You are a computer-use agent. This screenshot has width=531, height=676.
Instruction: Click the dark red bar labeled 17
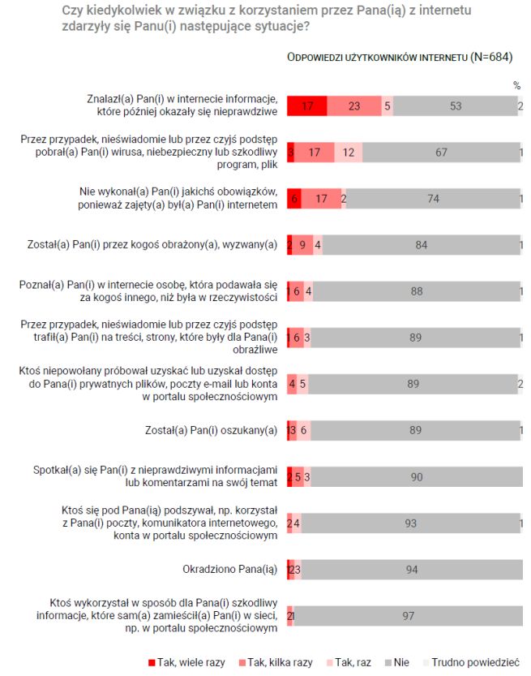click(307, 106)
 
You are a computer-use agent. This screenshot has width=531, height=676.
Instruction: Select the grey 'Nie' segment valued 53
click(455, 106)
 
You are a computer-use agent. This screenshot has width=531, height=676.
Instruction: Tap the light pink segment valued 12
click(348, 153)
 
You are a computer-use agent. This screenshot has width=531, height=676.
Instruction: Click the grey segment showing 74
click(432, 199)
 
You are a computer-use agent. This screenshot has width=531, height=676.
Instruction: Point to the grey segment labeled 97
click(408, 616)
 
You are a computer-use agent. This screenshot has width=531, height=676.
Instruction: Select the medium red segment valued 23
click(354, 106)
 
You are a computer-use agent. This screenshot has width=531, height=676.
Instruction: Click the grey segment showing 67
click(441, 153)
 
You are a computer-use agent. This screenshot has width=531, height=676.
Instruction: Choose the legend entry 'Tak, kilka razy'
click(275, 662)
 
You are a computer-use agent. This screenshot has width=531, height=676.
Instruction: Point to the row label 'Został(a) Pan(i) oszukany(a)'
click(211, 430)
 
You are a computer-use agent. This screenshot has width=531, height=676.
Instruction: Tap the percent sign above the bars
click(516, 84)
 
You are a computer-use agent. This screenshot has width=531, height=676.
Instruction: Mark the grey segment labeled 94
click(412, 570)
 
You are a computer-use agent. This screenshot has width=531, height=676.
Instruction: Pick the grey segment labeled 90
click(417, 477)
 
